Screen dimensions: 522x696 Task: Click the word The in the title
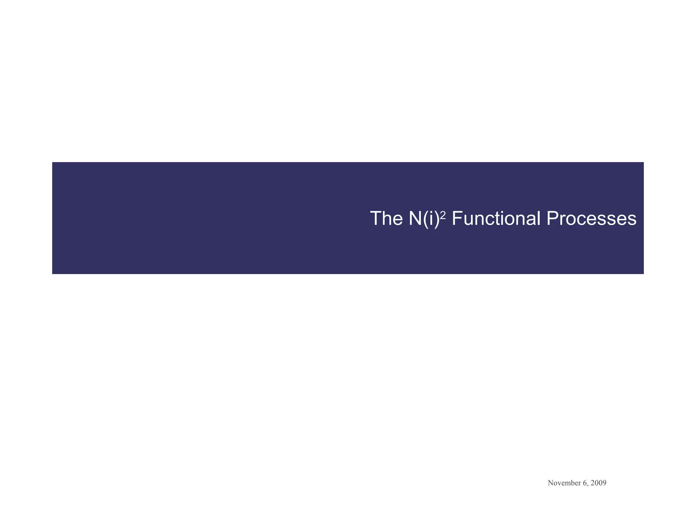[x=386, y=219]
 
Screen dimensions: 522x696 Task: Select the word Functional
[x=496, y=219]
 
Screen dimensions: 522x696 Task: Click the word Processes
[x=591, y=219]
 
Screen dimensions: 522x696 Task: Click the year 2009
[x=598, y=483]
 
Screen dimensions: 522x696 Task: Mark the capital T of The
[x=376, y=219]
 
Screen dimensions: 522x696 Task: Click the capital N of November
[x=551, y=483]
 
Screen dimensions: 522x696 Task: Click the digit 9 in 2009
[x=605, y=483]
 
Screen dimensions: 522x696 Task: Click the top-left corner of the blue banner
[x=53, y=163]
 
